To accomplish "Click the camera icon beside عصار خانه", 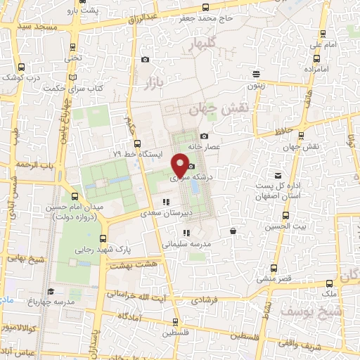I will [204, 136].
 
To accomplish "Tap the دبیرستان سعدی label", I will [166, 212].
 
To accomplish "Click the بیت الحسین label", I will [291, 227].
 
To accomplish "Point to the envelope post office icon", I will [278, 176].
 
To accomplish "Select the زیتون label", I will [254, 86].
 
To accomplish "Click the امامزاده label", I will [319, 69].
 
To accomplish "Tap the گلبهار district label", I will [204, 46].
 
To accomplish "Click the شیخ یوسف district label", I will [302, 310].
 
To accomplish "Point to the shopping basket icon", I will [233, 230].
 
